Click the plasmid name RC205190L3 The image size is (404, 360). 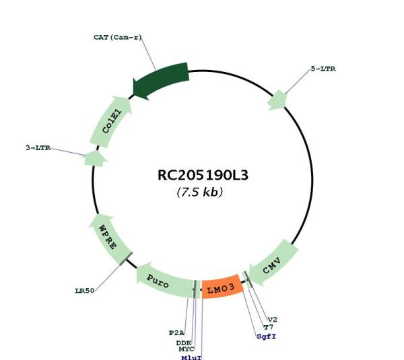coord(203,176)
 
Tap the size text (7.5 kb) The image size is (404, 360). coord(200,192)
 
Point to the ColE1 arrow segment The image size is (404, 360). coord(111,122)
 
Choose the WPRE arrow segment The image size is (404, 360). coord(110,239)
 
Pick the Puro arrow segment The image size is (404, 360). coord(162,281)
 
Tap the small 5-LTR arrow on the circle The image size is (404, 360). coord(277,100)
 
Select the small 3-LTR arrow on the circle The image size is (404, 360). coord(96,158)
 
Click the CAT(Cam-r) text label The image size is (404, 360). coord(118,37)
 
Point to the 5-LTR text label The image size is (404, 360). coord(323,69)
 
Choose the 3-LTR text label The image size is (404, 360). coord(38,148)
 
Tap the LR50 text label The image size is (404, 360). coord(85,291)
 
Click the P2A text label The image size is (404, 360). coord(176,333)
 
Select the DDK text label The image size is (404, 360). coord(184,343)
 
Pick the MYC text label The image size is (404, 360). coord(187,349)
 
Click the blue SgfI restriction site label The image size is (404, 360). coord(267,336)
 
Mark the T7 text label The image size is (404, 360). coord(269,327)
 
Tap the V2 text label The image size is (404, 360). coord(273,320)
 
